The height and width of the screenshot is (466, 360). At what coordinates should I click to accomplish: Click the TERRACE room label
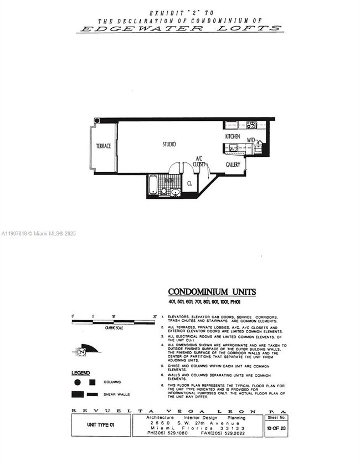pos(104,146)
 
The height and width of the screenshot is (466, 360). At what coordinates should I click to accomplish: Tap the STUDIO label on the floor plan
pos(169,144)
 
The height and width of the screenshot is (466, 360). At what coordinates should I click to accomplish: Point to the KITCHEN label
pos(233,136)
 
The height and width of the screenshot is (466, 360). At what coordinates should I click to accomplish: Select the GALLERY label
pos(233,165)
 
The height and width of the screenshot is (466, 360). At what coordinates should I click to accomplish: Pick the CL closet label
pos(189,182)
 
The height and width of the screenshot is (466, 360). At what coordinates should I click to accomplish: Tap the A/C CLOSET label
pos(199,161)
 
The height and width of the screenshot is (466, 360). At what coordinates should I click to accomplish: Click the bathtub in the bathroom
pos(153,186)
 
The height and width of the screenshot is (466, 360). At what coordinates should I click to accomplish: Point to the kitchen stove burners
pos(251,125)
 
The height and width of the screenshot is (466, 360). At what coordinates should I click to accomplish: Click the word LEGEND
pos(80,373)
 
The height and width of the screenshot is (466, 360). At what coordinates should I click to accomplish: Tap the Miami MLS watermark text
pos(38,233)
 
